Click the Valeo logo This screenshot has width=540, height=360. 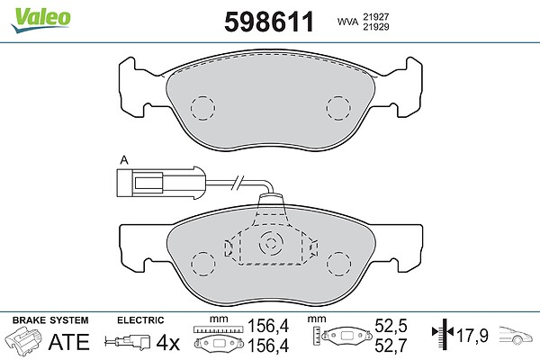tap(40, 21)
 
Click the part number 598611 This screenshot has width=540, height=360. tap(269, 22)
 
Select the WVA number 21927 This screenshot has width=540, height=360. tap(375, 16)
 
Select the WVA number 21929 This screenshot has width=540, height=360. tap(375, 27)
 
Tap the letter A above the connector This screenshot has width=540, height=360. tap(124, 160)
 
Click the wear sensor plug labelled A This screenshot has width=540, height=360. tap(161, 183)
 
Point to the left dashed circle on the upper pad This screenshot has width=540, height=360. tap(202, 108)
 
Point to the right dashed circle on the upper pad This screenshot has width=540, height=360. tap(338, 108)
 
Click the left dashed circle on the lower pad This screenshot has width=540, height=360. tap(203, 264)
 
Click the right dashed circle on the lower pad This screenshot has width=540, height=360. tap(339, 264)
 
